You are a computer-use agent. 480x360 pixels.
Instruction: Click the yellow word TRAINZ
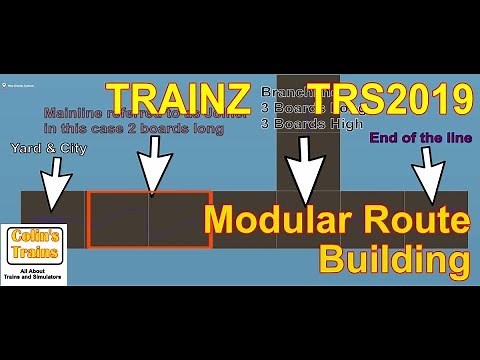(178, 98)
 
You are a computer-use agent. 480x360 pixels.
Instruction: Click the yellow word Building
(393, 259)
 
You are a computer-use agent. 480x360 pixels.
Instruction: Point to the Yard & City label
(48, 149)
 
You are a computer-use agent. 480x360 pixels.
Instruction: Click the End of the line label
(420, 138)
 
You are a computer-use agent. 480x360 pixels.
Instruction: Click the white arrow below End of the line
(430, 180)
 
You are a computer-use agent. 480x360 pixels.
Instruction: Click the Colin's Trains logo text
(34, 245)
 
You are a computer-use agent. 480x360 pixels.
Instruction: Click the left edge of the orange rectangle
(88, 219)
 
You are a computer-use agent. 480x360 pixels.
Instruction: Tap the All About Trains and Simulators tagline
(34, 273)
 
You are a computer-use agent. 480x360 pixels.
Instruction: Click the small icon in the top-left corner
(5, 83)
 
